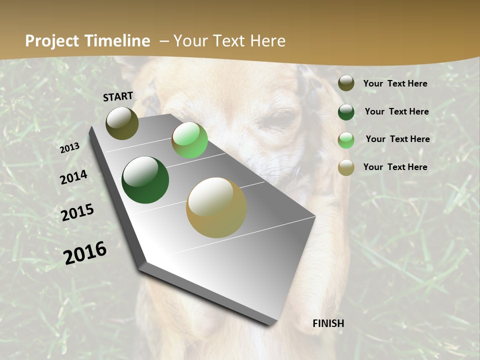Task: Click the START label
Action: coord(118,96)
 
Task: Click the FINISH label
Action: coord(328,323)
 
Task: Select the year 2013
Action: coord(69,148)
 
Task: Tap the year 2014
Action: coord(73,177)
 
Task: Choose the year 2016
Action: coord(85,253)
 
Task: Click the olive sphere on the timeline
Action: coord(122,123)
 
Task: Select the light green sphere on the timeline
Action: coord(189,140)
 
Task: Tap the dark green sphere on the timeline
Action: coord(145,180)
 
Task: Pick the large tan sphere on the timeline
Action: coord(216,207)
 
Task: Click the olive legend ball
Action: coord(346,83)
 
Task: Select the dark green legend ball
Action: coord(346,111)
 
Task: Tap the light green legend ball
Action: coord(346,139)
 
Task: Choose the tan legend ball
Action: coord(346,167)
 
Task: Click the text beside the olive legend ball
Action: coord(395,83)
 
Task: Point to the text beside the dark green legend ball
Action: coord(396,111)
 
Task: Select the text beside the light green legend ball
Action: coord(397,139)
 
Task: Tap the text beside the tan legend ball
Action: coord(395,167)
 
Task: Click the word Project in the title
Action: coord(52,41)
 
